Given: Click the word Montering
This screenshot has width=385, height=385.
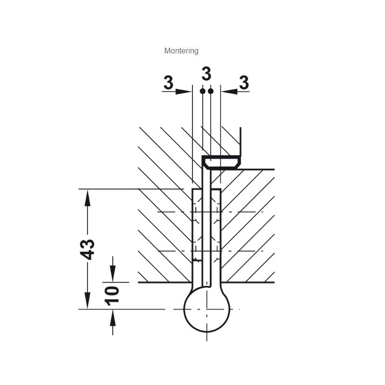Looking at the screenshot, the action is [x=181, y=51].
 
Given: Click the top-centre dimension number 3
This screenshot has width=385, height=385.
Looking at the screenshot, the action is [x=206, y=74].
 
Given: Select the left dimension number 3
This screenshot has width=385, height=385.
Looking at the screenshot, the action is [x=168, y=82].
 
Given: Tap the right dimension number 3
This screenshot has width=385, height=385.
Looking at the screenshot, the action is [x=244, y=82].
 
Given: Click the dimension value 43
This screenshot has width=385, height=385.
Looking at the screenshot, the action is [x=88, y=249].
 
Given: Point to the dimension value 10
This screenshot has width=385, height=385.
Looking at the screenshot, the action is [x=112, y=295].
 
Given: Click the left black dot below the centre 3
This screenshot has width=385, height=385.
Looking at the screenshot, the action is [x=203, y=91].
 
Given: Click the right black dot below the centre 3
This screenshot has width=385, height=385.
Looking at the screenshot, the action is [x=211, y=91].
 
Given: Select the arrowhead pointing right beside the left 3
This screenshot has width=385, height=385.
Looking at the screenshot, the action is [x=183, y=91].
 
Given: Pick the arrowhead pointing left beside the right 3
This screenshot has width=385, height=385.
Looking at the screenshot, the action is [x=230, y=91].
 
